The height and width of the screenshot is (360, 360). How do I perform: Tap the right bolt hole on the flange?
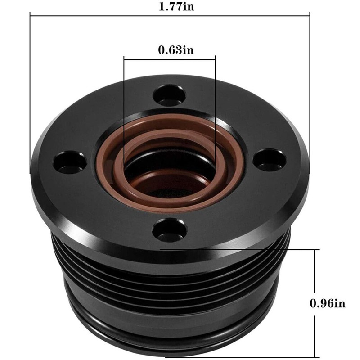[269, 159]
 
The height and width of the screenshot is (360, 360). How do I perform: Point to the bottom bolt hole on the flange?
[169, 230]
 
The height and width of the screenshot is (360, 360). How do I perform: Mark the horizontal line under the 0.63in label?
[170, 57]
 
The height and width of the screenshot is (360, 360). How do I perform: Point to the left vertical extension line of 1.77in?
[30, 90]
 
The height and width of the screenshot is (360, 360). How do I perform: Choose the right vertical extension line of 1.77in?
[310, 90]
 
